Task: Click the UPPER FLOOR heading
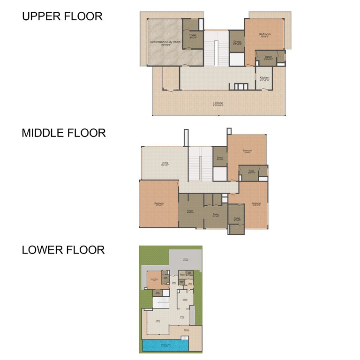pyautogui.click(x=62, y=16)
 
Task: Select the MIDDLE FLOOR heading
pyautogui.click(x=64, y=133)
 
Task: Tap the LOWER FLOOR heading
pyautogui.click(x=63, y=250)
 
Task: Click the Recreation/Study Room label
pyautogui.click(x=165, y=42)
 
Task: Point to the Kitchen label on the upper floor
pyautogui.click(x=264, y=77)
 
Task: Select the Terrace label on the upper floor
pyautogui.click(x=217, y=103)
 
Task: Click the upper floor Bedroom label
pyautogui.click(x=265, y=34)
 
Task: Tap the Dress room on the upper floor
pyautogui.click(x=237, y=42)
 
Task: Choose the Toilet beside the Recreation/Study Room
pyautogui.click(x=193, y=35)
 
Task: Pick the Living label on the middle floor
pyautogui.click(x=165, y=163)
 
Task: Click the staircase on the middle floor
pyautogui.click(x=201, y=164)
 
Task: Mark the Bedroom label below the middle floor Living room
pyautogui.click(x=159, y=203)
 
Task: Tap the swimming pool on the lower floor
pyautogui.click(x=165, y=345)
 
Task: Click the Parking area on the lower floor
pyautogui.click(x=186, y=259)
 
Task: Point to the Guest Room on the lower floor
pyautogui.click(x=153, y=279)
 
